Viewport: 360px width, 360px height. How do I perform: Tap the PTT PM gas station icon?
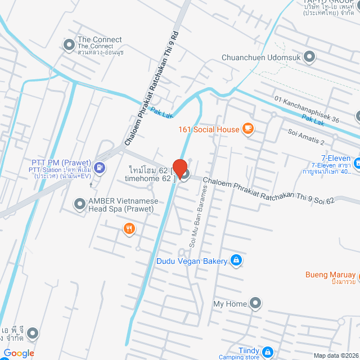[x=100, y=166]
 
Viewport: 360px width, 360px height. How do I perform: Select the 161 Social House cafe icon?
[x=247, y=129]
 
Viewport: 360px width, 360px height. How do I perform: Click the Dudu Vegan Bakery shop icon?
[x=236, y=260]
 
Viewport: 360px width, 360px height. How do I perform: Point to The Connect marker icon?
[x=69, y=44]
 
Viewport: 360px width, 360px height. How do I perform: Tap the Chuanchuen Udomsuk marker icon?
[x=309, y=57]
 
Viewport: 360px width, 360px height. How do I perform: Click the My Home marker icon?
[x=255, y=304]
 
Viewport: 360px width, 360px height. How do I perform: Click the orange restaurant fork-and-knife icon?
[x=129, y=228]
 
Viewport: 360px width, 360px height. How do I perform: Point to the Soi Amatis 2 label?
[x=307, y=137]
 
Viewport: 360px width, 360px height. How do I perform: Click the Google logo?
[x=19, y=353]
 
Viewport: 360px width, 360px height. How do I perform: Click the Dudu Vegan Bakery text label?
[x=191, y=261]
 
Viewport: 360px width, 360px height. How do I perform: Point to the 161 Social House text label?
[x=209, y=129]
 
